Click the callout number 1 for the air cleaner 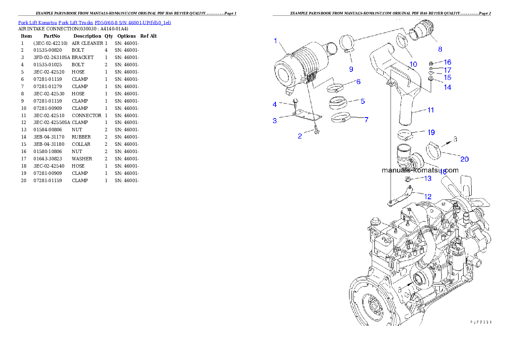point(276,41)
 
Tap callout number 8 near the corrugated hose point(440,49)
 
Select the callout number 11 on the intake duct point(431,110)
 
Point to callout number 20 point(464,159)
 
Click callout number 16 point(447,62)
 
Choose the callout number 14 point(447,87)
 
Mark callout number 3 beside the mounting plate point(275,121)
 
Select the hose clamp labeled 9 point(347,44)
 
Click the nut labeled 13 point(408,179)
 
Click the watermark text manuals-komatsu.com point(419,170)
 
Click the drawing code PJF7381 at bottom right point(480,322)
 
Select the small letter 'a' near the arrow point(455,138)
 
